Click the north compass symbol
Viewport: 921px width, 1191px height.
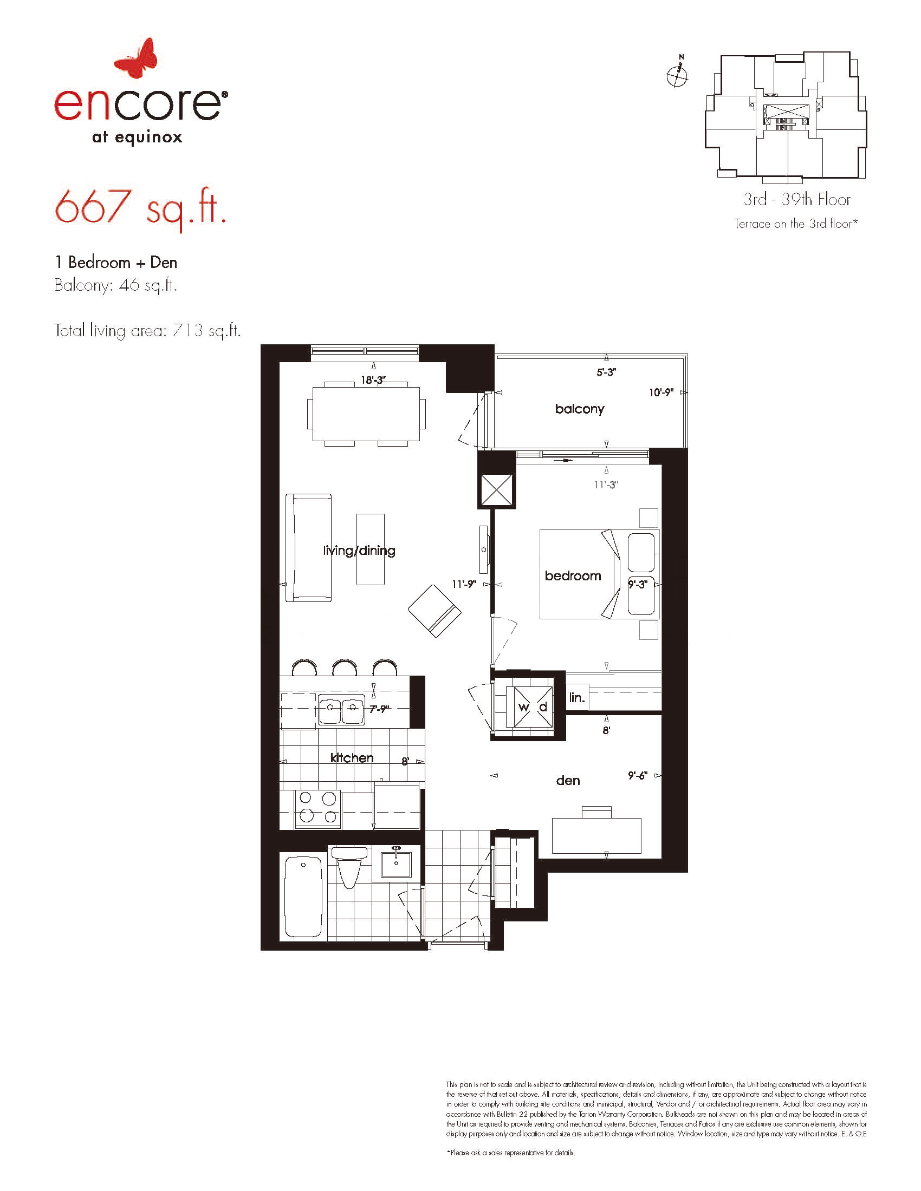pos(678,74)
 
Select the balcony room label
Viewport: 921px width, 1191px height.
pos(580,409)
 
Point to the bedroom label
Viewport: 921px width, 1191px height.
pos(573,576)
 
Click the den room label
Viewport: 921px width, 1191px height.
pos(568,781)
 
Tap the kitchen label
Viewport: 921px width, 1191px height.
pos(352,757)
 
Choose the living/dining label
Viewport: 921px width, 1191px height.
pos(359,550)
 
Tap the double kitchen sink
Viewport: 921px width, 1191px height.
pos(341,710)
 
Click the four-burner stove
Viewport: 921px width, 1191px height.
pos(317,809)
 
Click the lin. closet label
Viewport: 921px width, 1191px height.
pos(577,697)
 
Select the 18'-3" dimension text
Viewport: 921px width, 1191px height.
pos(373,379)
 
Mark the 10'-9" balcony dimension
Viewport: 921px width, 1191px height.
pos(661,392)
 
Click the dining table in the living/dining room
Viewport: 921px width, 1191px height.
pos(366,414)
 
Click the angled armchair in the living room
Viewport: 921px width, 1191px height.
pos(435,611)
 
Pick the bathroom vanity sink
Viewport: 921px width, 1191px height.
pos(396,862)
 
